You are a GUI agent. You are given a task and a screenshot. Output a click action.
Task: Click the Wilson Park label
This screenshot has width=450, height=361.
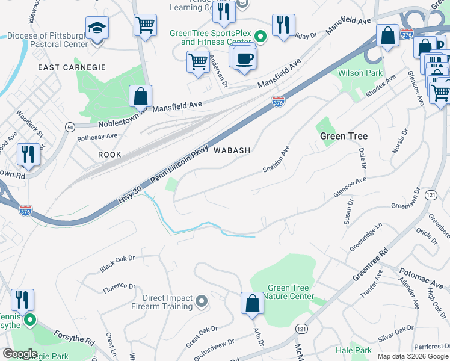click(x=361, y=73)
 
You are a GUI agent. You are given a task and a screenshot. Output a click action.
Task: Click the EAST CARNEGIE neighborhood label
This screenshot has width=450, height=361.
click(x=72, y=67)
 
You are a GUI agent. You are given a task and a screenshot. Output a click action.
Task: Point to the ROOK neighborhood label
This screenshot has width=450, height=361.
click(x=109, y=155)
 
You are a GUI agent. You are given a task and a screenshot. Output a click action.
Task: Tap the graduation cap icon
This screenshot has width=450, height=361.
click(x=96, y=28)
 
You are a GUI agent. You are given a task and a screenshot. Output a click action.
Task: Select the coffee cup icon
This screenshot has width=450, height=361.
click(x=244, y=58)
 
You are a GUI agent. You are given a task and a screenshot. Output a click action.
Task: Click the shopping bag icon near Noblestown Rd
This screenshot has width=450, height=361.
click(x=140, y=96)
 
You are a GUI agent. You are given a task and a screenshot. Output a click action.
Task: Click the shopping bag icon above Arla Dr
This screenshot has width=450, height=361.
click(x=253, y=303)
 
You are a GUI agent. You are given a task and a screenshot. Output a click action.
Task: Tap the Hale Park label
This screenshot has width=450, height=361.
click(x=354, y=350)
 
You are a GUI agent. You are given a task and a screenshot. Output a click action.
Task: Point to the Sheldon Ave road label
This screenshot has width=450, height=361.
click(x=276, y=159)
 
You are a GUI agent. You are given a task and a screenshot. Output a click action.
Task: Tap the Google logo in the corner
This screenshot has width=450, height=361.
click(x=20, y=354)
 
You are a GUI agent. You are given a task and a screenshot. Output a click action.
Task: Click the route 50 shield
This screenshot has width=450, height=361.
click(x=70, y=127)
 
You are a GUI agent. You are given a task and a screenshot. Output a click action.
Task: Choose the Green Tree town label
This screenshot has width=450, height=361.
click(x=344, y=136)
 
